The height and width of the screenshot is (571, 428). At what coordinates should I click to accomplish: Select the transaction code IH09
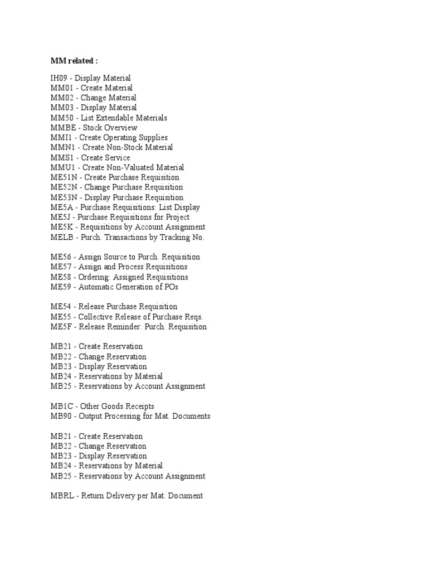[x=60, y=78]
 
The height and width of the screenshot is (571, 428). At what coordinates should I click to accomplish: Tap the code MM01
[x=61, y=88]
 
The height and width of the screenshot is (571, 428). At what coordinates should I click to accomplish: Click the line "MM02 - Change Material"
[x=93, y=98]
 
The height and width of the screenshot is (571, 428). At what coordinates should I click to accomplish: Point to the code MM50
[x=61, y=118]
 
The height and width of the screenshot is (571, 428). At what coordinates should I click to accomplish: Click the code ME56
[x=61, y=257]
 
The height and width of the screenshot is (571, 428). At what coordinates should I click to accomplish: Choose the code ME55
[x=61, y=317]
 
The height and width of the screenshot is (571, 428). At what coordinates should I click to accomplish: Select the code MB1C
[x=61, y=406]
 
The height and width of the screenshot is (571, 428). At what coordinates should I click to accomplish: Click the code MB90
[x=61, y=416]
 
